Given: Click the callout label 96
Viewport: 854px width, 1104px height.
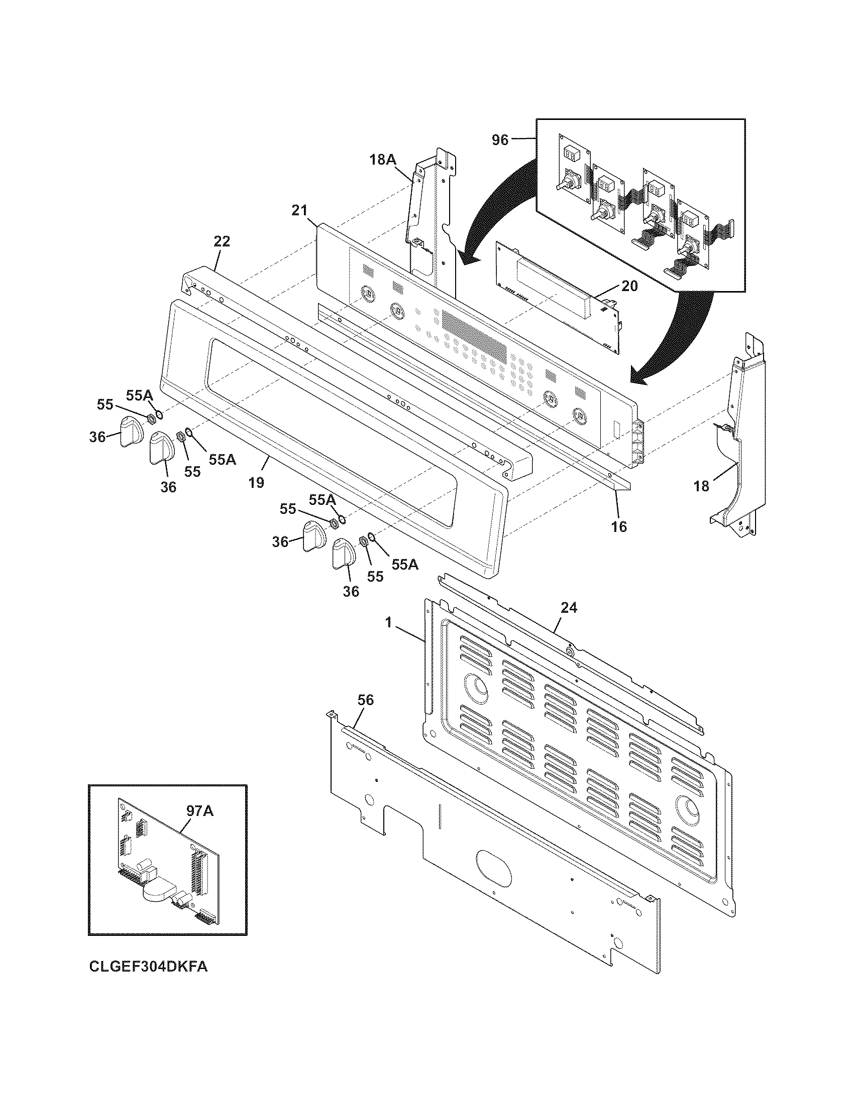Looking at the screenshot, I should click(500, 140).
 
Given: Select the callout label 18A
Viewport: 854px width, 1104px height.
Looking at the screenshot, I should click(382, 160).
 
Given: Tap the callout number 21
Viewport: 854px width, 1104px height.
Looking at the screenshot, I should click(299, 210).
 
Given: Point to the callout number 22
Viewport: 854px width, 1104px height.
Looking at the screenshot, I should click(222, 242).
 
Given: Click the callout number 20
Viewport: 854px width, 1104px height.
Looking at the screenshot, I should click(629, 286).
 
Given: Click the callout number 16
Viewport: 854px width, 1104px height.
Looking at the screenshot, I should click(619, 527).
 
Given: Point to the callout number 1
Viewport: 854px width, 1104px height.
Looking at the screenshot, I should click(388, 623).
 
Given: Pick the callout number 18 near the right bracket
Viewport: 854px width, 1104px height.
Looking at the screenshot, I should click(701, 486).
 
